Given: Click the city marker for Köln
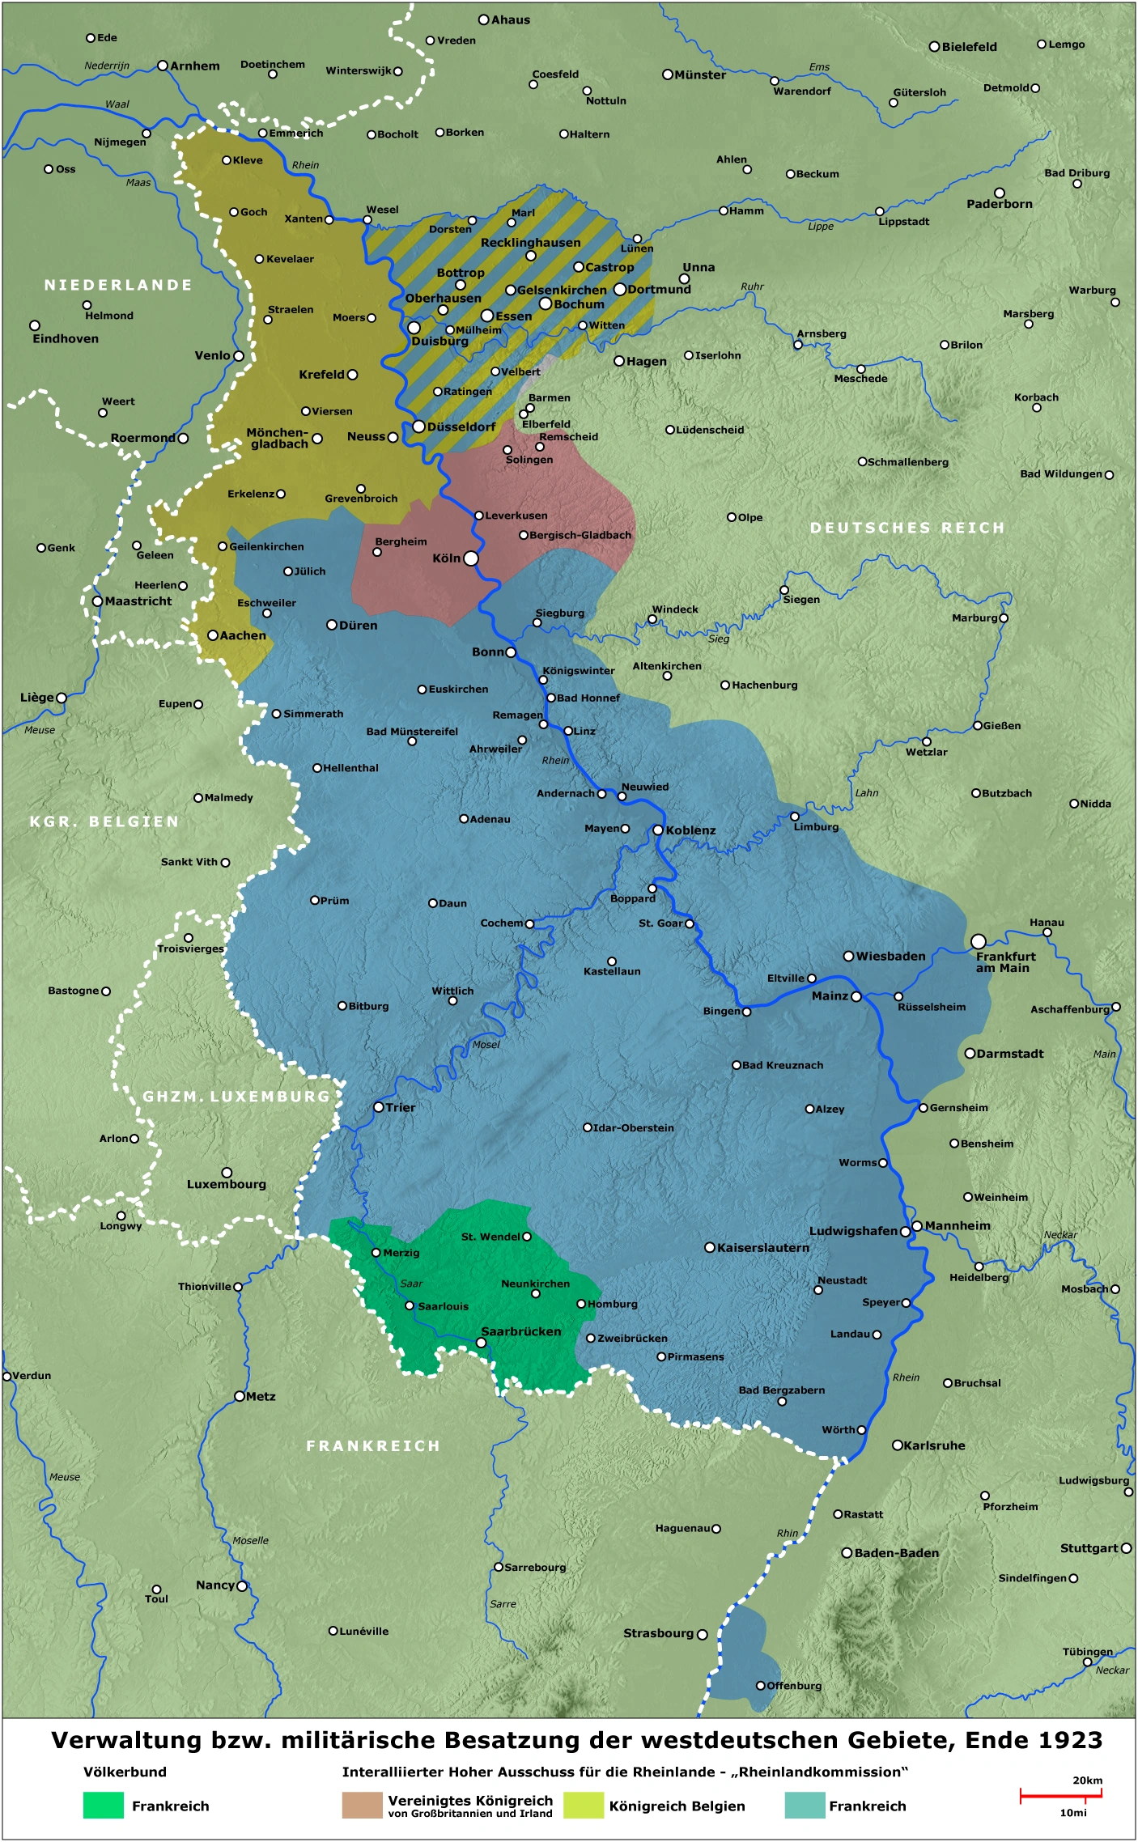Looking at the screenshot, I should [x=471, y=558].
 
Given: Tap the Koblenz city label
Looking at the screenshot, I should [x=690, y=830].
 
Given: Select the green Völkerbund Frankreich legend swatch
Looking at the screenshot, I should [x=103, y=1806].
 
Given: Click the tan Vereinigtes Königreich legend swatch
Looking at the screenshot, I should [x=362, y=1806].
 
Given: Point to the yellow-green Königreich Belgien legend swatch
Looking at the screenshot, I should [x=584, y=1806].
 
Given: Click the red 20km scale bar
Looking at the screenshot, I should [x=1060, y=1794].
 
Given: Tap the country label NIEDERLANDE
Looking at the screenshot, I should [x=118, y=285].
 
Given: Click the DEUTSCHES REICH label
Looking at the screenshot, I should [x=907, y=528].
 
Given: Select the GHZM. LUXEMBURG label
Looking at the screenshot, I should [x=236, y=1097].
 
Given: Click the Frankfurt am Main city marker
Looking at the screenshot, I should [x=979, y=941].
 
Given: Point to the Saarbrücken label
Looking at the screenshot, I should [x=520, y=1331].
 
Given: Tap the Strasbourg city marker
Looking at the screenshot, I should [x=703, y=1634].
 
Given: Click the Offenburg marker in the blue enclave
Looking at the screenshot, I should [x=761, y=1685].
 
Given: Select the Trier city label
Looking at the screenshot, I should [x=400, y=1107].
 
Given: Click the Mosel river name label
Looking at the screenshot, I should [x=486, y=1045].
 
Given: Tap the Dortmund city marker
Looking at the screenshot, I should [x=620, y=289].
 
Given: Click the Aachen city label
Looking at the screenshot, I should [x=243, y=635].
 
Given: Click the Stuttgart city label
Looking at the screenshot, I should [x=1089, y=1548].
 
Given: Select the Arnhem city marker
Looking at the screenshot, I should [x=163, y=66].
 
